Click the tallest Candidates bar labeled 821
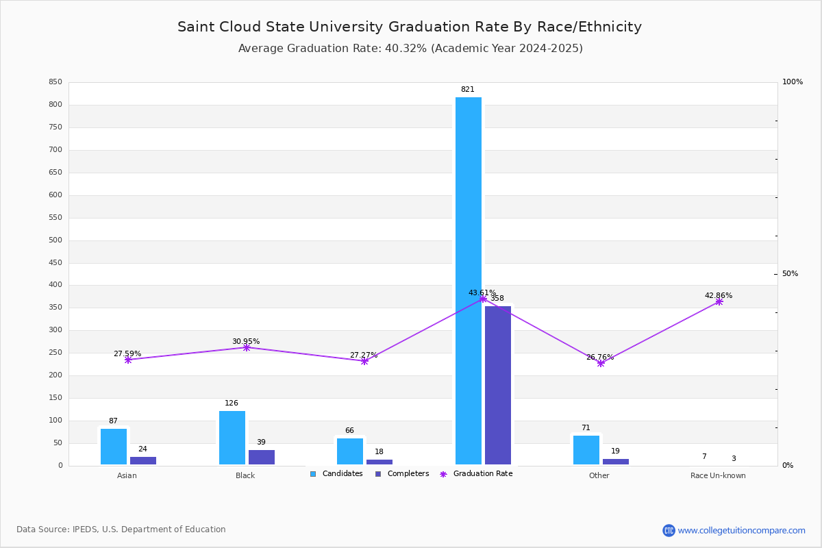point(469,281)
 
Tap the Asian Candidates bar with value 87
point(114,447)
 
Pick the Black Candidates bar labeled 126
point(232,438)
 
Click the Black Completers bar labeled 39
point(262,458)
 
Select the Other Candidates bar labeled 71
point(586,450)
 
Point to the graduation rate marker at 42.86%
point(719,301)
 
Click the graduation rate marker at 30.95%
point(247,347)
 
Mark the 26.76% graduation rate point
point(601,363)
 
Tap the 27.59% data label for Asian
point(127,354)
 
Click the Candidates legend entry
point(336,474)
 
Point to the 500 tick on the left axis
point(55,240)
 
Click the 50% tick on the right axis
point(790,274)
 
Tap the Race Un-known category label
point(718,475)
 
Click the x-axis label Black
point(245,475)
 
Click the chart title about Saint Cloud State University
point(410,27)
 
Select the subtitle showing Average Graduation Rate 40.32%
point(410,49)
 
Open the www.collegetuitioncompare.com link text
point(741,530)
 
